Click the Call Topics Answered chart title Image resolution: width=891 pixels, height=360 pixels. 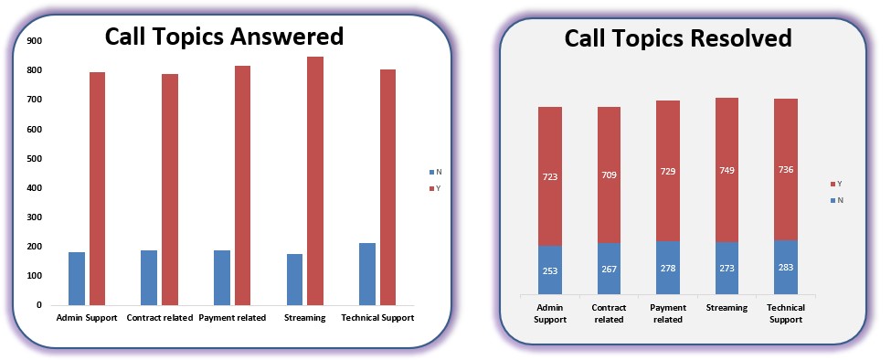click(225, 36)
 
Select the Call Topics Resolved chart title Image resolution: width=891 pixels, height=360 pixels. click(678, 38)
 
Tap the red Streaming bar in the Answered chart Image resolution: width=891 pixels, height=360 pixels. click(314, 181)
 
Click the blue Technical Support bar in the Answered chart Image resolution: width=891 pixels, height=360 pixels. click(367, 274)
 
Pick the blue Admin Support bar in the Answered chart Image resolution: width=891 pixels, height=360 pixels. click(77, 279)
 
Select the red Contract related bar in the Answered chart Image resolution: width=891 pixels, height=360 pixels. click(169, 190)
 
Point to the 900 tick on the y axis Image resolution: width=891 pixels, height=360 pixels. click(35, 41)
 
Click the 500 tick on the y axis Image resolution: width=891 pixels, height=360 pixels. click(35, 158)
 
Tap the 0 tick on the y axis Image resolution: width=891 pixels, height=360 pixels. click(39, 305)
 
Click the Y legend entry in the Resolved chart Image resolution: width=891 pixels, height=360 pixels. click(837, 184)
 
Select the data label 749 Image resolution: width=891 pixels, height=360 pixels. click(727, 170)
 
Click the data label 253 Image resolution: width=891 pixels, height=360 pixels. click(550, 271)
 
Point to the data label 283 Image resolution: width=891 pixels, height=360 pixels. click(786, 268)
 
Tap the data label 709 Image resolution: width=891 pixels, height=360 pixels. click(609, 175)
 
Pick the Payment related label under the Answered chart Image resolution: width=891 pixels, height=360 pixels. click(232, 318)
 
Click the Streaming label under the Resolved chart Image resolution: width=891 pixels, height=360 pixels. click(727, 308)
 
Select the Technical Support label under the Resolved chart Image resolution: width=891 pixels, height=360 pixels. click(786, 313)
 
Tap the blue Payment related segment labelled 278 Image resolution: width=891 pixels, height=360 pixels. click(668, 269)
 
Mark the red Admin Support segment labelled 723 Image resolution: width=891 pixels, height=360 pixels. click(550, 176)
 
